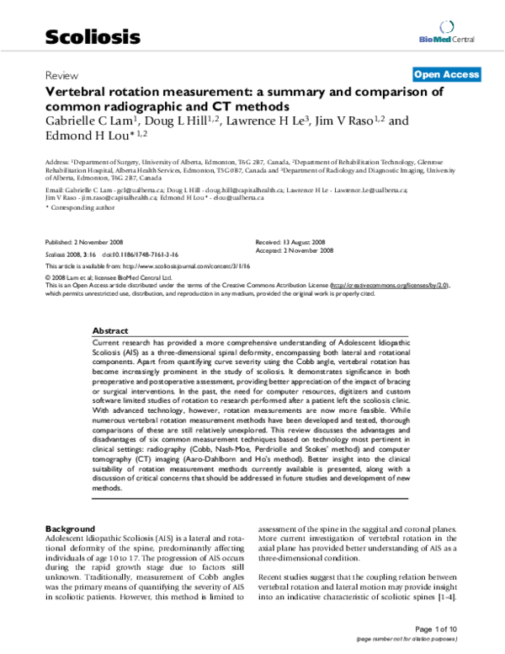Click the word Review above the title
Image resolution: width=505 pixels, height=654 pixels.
pyautogui.click(x=57, y=74)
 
